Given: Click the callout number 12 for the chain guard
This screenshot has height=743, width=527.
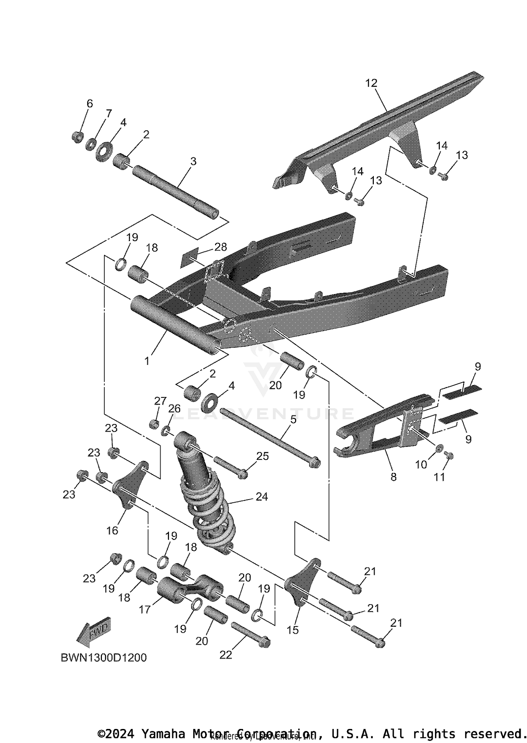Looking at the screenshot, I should click(371, 83).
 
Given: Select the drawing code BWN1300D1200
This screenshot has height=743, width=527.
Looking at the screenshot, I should click(104, 657).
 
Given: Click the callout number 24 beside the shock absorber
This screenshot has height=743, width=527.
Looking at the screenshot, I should click(262, 496).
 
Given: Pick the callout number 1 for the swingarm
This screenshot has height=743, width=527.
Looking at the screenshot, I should click(147, 361).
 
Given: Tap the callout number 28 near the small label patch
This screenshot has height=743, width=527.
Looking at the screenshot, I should click(221, 247).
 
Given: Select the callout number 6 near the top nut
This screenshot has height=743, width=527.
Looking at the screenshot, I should click(90, 104).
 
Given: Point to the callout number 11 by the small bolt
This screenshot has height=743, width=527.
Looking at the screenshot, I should click(439, 477).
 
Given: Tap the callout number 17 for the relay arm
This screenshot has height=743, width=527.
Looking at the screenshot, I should click(144, 609).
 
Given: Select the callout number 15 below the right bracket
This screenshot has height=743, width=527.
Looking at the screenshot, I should click(292, 630).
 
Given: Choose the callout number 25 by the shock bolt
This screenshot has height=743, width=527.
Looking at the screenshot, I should click(262, 456).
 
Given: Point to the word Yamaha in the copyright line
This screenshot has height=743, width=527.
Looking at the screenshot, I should click(163, 734).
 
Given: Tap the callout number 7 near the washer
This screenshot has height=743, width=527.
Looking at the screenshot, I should click(109, 113).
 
